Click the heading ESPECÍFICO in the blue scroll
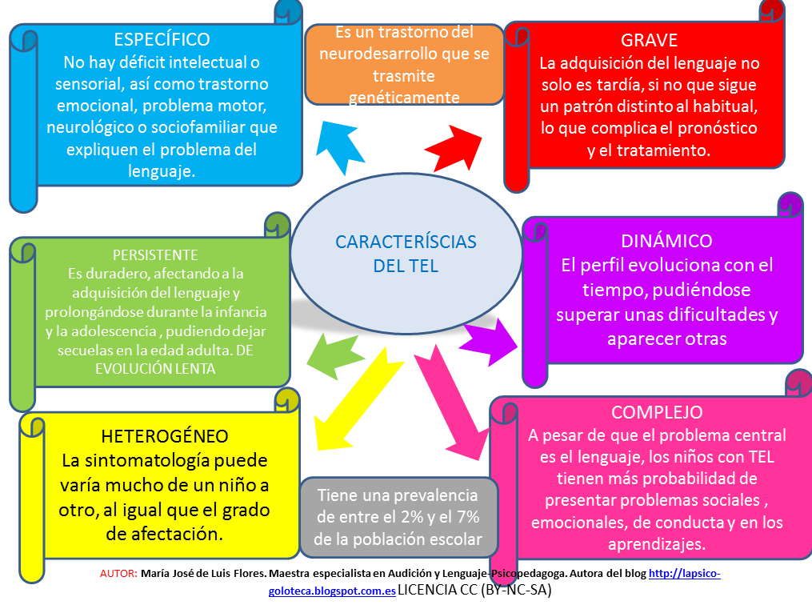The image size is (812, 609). tap(162, 39)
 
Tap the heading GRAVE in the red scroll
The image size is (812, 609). tap(649, 40)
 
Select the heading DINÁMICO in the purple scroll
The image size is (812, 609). tap(666, 241)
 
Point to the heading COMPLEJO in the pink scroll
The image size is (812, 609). tap(657, 412)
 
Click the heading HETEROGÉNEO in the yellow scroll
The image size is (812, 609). tap(165, 436)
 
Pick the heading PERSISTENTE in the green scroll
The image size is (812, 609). tap(155, 255)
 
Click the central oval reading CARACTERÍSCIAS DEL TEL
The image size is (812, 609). tap(406, 253)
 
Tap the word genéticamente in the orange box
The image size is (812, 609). tap(404, 98)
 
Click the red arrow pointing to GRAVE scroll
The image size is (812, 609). tap(453, 149)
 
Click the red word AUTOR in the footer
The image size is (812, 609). tap(118, 574)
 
